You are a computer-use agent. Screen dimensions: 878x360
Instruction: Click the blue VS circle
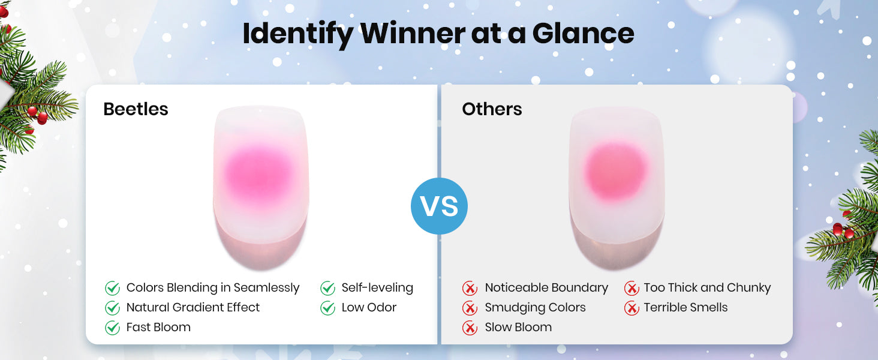pyautogui.click(x=439, y=206)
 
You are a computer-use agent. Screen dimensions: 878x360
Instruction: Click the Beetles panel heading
pyautogui.click(x=136, y=109)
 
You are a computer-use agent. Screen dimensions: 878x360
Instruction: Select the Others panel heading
pyautogui.click(x=492, y=109)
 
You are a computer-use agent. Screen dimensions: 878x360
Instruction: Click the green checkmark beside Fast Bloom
pyautogui.click(x=113, y=328)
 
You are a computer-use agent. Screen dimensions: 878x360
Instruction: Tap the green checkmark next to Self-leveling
pyautogui.click(x=327, y=288)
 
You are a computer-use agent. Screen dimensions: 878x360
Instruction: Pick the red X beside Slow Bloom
pyautogui.click(x=470, y=328)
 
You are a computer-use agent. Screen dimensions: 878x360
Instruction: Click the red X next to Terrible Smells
pyautogui.click(x=632, y=308)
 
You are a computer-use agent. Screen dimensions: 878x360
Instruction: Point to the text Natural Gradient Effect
pyautogui.click(x=193, y=307)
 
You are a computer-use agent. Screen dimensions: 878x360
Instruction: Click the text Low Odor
pyautogui.click(x=369, y=307)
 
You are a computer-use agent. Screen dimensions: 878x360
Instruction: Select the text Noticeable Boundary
pyautogui.click(x=546, y=288)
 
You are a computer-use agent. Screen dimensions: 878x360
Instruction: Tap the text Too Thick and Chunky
pyautogui.click(x=707, y=288)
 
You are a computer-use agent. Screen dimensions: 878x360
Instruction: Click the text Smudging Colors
pyautogui.click(x=535, y=308)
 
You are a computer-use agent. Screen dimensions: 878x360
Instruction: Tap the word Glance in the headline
pyautogui.click(x=584, y=34)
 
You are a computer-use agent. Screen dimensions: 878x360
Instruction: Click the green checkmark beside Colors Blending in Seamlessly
pyautogui.click(x=113, y=288)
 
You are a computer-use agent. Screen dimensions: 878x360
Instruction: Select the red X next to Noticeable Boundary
pyautogui.click(x=470, y=288)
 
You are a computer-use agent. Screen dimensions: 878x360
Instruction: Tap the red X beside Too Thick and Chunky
pyautogui.click(x=632, y=288)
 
